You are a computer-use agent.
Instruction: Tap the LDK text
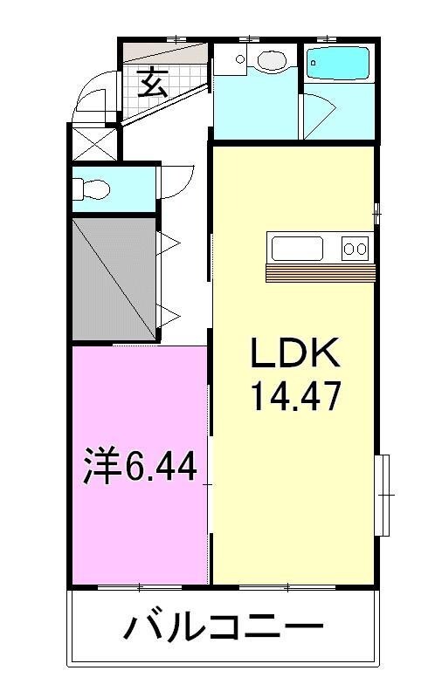pyautogui.click(x=293, y=355)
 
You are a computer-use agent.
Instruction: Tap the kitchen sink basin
pyautogui.click(x=298, y=249)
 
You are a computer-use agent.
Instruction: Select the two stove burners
pyautogui.click(x=354, y=249)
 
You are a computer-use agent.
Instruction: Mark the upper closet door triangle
pyautogui.click(x=168, y=243)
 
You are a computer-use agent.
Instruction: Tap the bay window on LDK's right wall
pyautogui.click(x=383, y=495)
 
